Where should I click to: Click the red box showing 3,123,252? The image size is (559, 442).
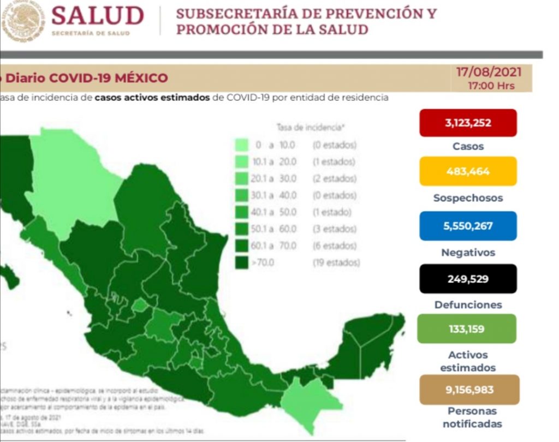click(467, 123)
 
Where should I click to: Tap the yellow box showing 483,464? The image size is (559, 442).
click(467, 171)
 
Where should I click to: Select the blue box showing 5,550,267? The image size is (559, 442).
click(467, 226)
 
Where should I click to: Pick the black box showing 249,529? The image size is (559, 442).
click(467, 279)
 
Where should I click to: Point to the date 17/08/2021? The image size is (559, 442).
click(489, 73)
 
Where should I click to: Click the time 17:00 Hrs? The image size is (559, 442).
click(491, 86)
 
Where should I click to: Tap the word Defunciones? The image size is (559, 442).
click(468, 305)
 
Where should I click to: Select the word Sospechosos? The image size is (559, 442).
click(468, 198)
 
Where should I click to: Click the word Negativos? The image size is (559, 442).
click(468, 253)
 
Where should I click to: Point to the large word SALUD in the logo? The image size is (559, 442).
click(98, 16)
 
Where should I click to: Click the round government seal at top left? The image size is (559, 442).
click(22, 21)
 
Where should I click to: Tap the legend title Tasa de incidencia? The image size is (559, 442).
click(311, 128)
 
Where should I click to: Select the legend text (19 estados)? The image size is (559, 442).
click(336, 262)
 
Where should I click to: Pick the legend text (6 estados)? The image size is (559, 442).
click(334, 246)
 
